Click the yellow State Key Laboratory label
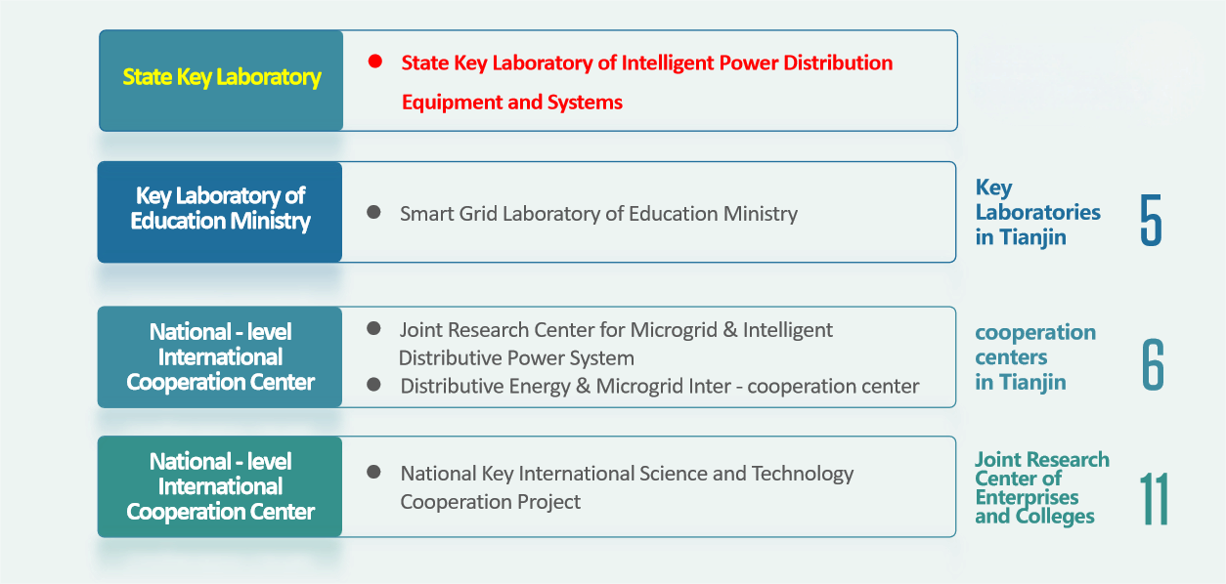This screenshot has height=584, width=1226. pyautogui.click(x=222, y=77)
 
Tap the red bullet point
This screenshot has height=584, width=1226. pyautogui.click(x=374, y=62)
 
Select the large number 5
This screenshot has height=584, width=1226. pyautogui.click(x=1151, y=220)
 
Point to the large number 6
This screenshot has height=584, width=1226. pyautogui.click(x=1153, y=364)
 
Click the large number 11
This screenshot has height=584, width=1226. pyautogui.click(x=1154, y=499)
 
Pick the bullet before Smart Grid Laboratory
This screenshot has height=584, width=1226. pyautogui.click(x=373, y=212)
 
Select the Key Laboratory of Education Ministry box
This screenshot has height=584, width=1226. pyautogui.click(x=220, y=212)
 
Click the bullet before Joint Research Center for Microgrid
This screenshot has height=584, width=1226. pyautogui.click(x=373, y=328)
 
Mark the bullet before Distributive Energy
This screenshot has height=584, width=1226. pyautogui.click(x=373, y=385)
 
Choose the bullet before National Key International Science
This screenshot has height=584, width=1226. pyautogui.click(x=373, y=472)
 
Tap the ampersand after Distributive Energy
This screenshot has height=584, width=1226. pyautogui.click(x=583, y=386)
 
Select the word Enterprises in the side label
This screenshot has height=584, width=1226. pyautogui.click(x=1027, y=497)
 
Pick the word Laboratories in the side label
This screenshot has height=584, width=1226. pyautogui.click(x=1037, y=212)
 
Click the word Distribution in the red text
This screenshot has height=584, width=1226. pyautogui.click(x=838, y=63)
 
